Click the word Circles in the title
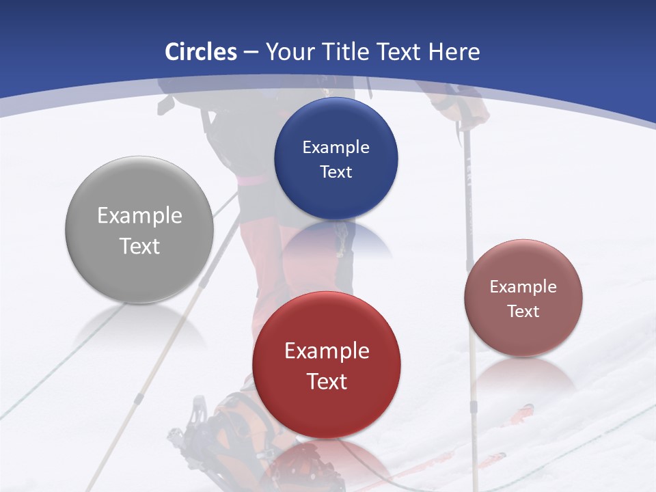coord(201,52)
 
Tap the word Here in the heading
coord(454,52)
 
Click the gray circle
coord(139,230)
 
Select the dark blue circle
coord(336,159)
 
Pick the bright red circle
coord(327,365)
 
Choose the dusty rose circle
coord(523,298)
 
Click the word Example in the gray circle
coord(139,215)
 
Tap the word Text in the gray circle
coord(139,246)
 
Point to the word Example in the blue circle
coord(336,147)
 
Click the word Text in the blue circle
coord(336,172)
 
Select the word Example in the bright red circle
coord(327,351)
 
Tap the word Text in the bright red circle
coord(327,381)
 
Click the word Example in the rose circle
coord(523,286)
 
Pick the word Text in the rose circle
coord(523,311)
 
